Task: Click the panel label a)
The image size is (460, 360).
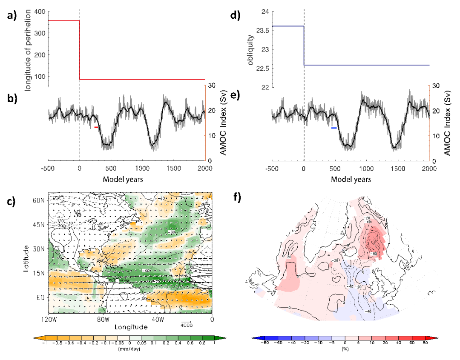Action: click(11, 17)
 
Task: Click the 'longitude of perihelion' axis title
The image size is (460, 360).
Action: click(29, 50)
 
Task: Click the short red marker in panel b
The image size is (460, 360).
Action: click(96, 127)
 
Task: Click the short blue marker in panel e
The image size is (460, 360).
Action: click(334, 128)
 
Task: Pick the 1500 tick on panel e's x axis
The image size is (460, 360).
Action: click(397, 169)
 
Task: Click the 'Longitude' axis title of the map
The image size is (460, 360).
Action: click(131, 327)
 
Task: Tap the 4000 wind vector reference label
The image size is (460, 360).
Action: click(187, 325)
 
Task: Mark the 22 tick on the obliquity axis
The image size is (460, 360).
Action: click(263, 88)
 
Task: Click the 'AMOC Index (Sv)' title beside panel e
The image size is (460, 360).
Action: click(447, 123)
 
